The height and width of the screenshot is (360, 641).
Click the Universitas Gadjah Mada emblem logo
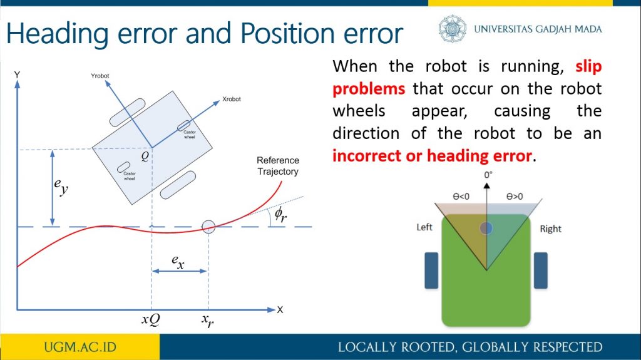[x=452, y=29]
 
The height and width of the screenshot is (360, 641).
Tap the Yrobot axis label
[x=100, y=76]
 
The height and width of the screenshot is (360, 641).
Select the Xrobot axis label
[x=232, y=99]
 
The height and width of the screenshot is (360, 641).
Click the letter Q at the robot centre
[x=145, y=156]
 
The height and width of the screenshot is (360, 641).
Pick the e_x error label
[x=178, y=262]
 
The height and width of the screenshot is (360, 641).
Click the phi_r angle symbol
[x=280, y=214]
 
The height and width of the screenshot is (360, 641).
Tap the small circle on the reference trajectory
[x=208, y=226]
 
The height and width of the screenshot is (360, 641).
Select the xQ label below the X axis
[x=150, y=319]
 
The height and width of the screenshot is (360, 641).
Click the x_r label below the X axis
[x=207, y=321]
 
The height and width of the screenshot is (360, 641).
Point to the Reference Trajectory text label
[x=278, y=166]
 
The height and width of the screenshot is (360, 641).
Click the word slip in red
[x=588, y=66]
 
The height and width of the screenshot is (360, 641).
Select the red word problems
[x=369, y=89]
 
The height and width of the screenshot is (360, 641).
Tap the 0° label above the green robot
[x=488, y=175]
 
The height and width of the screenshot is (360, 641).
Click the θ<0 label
[x=461, y=197]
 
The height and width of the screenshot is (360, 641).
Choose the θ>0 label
[x=515, y=197]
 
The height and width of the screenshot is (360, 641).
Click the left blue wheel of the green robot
[x=431, y=270]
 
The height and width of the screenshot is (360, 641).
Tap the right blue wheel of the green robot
[x=540, y=270]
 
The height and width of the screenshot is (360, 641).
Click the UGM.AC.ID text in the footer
[x=80, y=347]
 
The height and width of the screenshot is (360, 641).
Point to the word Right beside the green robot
[x=551, y=229]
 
